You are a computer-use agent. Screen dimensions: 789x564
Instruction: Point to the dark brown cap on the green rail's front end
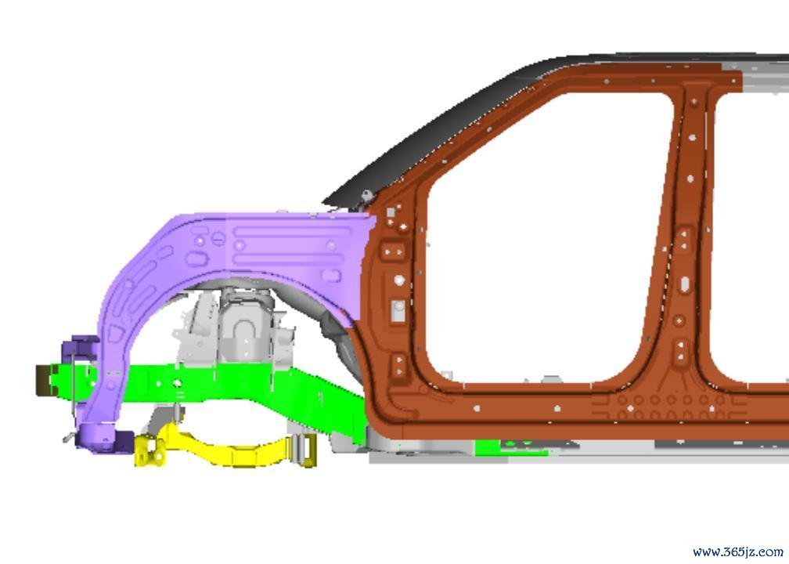click(x=43, y=380)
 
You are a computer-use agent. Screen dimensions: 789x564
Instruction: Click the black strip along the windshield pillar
click(x=453, y=126)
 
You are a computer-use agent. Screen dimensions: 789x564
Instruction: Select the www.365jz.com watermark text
click(x=737, y=552)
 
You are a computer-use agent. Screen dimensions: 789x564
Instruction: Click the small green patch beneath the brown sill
click(x=510, y=447)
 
